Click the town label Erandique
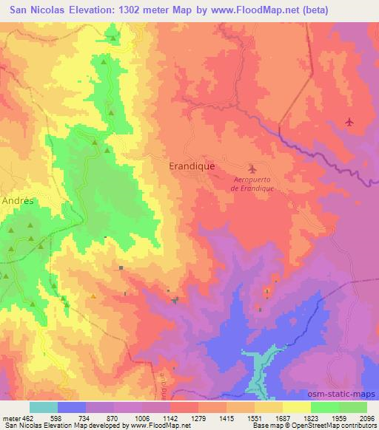click(x=192, y=166)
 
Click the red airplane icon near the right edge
click(x=349, y=121)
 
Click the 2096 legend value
click(x=366, y=419)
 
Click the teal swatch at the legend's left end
click(x=44, y=407)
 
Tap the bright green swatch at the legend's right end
click(x=353, y=407)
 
